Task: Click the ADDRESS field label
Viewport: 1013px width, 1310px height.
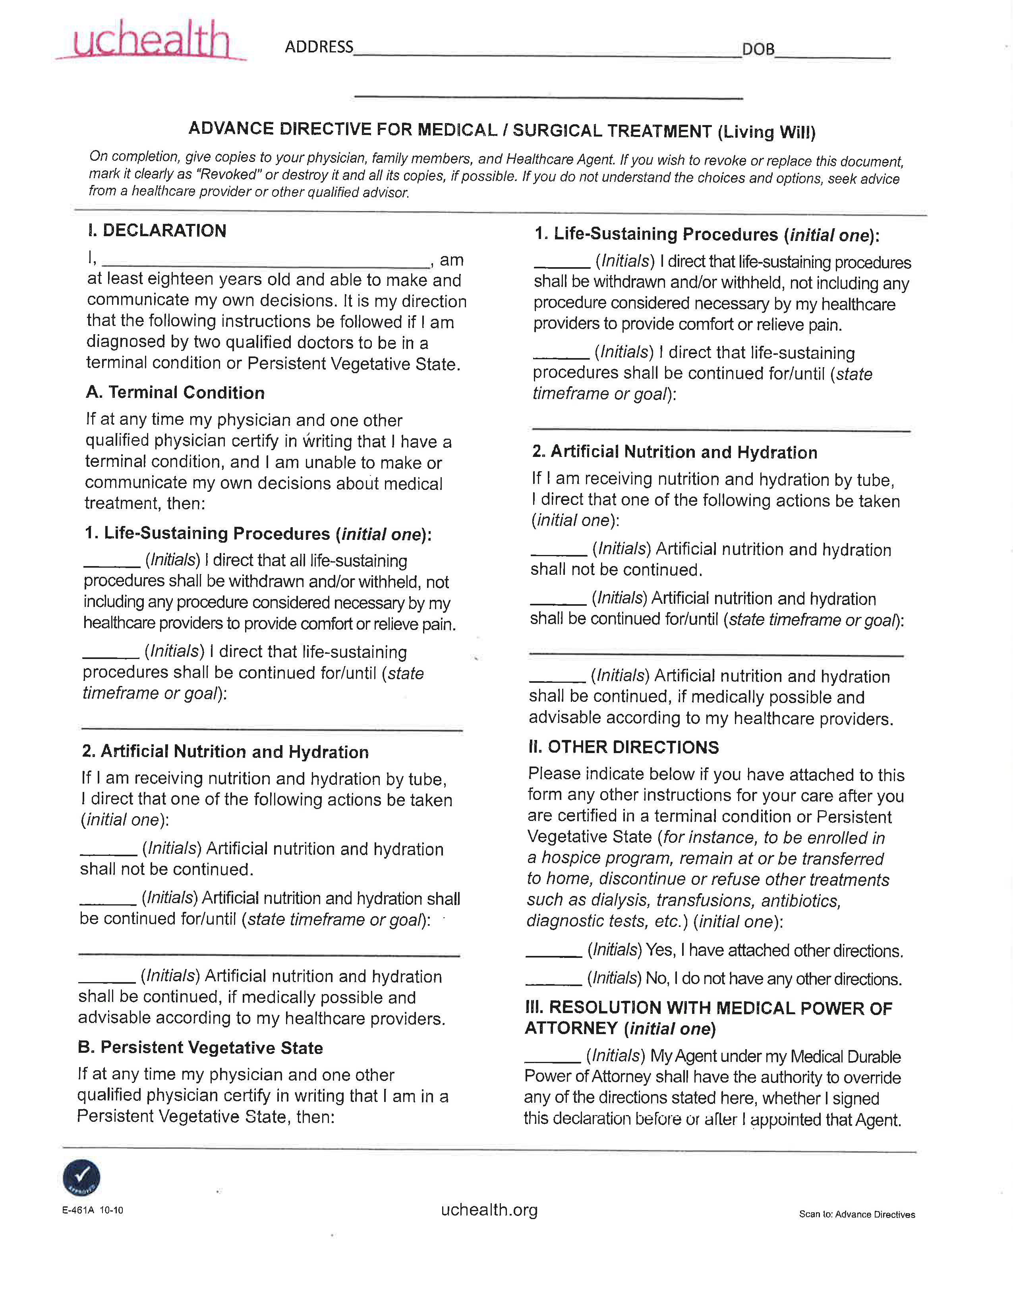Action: tap(319, 47)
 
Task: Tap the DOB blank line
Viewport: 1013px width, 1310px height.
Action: tap(832, 54)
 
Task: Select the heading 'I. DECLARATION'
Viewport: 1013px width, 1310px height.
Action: tap(157, 231)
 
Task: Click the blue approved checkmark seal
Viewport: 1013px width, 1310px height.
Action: tap(81, 1177)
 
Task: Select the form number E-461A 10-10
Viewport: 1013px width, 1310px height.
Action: tap(93, 1210)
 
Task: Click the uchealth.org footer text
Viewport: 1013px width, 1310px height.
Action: tap(489, 1210)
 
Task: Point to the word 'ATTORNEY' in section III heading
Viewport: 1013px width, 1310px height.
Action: tap(571, 1028)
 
